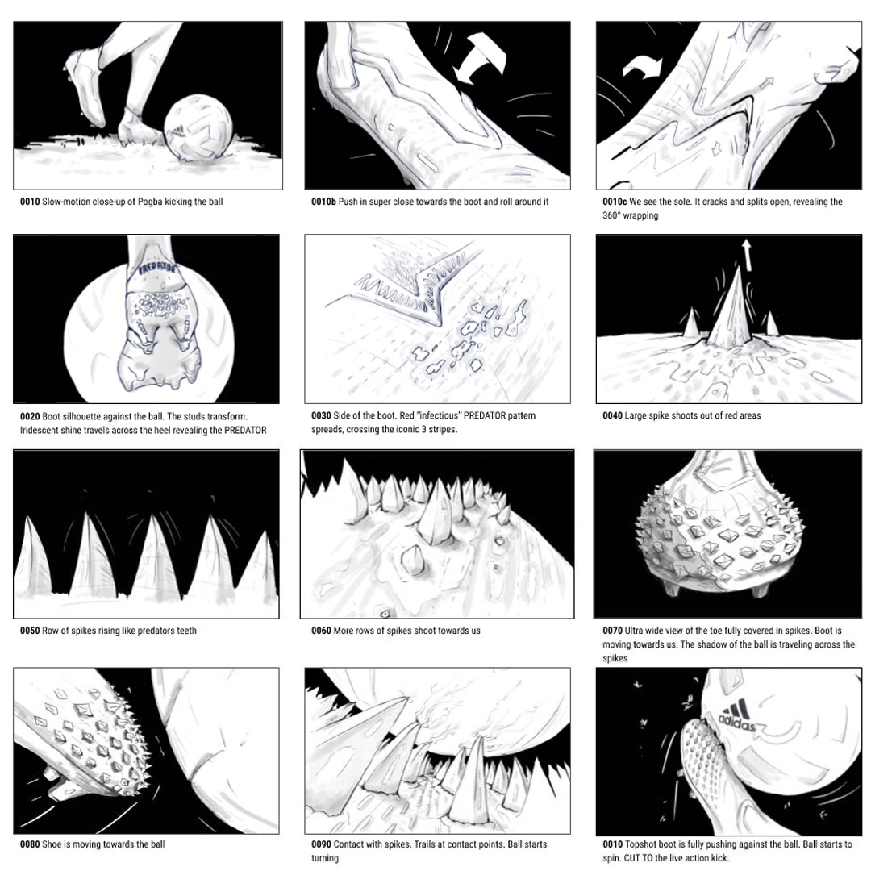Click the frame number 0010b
tap(323, 202)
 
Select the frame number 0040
tap(612, 415)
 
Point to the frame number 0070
tap(612, 631)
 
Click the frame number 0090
tap(321, 844)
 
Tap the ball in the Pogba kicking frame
tap(198, 127)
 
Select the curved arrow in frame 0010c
tap(643, 67)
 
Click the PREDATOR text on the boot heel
tap(156, 269)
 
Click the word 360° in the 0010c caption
tap(611, 215)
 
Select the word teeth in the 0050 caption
tap(186, 631)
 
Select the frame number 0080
tap(30, 844)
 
